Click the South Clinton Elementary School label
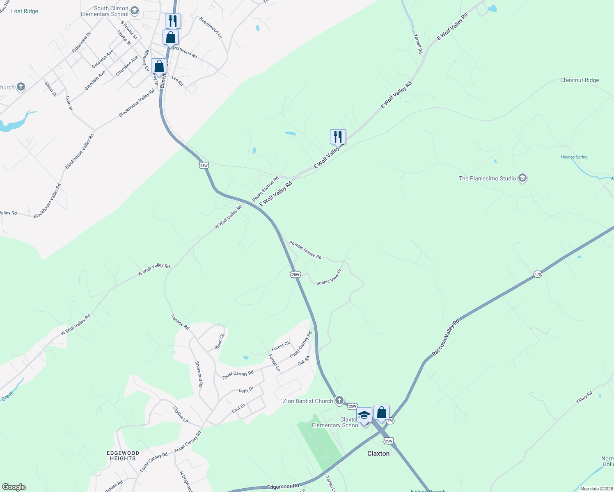105,11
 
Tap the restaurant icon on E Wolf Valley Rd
338,137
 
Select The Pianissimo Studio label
487,178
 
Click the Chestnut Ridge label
579,80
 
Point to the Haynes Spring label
574,157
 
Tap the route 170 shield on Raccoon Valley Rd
538,274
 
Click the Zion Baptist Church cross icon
339,400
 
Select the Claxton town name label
378,453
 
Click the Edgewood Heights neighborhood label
123,456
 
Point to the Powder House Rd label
305,250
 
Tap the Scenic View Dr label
329,277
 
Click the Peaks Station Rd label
265,189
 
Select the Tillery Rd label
584,397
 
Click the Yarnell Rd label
418,44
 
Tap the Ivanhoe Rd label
180,322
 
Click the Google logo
14,487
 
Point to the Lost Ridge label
25,11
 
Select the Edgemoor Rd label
283,487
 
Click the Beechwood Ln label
211,28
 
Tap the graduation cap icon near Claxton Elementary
364,415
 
